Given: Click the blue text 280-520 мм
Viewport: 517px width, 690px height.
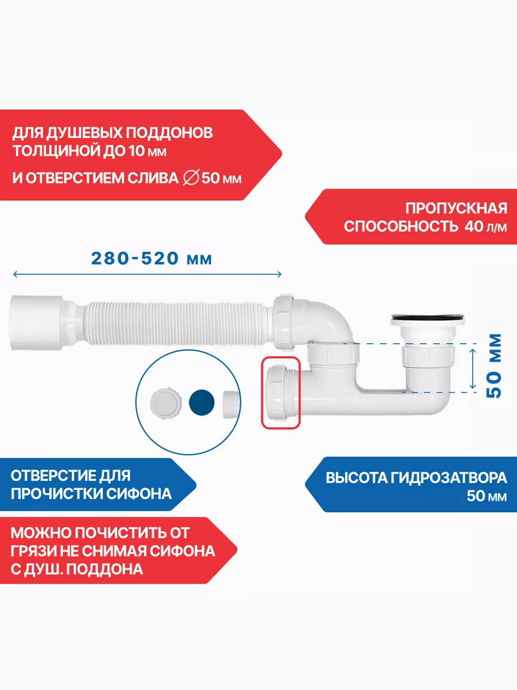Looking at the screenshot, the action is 152,258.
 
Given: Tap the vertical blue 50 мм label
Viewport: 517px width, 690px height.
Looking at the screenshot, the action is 494,366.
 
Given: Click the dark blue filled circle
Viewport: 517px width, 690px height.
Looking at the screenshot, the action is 202,402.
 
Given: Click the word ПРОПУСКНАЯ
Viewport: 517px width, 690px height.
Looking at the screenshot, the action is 456,208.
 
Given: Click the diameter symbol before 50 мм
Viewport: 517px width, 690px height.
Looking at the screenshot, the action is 191,178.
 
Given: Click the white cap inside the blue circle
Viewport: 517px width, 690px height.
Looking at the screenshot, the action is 166,403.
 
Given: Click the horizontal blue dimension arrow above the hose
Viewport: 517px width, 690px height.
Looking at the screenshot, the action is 147,274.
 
